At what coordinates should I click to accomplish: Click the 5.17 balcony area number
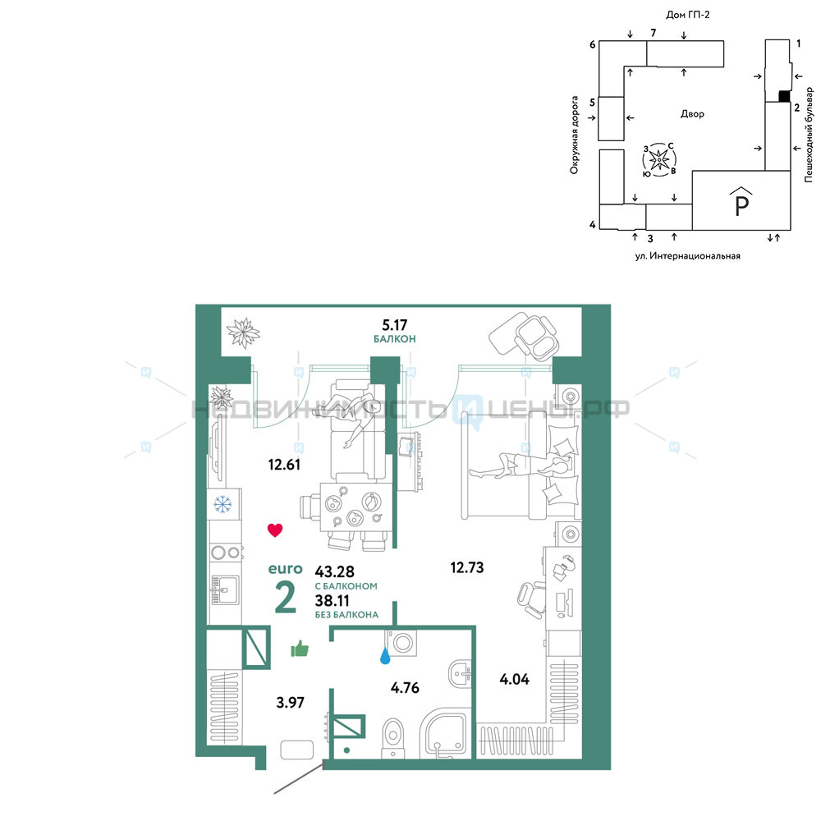[x=394, y=325]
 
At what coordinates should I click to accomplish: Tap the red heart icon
[x=275, y=530]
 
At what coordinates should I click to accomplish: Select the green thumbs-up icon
[x=300, y=649]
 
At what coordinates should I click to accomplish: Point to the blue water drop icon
[x=385, y=655]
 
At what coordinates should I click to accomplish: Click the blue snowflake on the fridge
[x=222, y=505]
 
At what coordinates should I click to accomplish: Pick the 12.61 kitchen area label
[x=284, y=465]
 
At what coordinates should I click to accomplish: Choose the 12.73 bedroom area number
[x=467, y=567]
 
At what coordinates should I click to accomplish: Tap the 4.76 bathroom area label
[x=405, y=687]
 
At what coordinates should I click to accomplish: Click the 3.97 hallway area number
[x=290, y=702]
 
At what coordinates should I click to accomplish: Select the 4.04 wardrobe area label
[x=514, y=679]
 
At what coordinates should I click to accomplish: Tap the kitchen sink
[x=225, y=590]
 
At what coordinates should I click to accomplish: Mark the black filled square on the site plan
[x=784, y=96]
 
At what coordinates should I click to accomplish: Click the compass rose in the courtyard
[x=659, y=158]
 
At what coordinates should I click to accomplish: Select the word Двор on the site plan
[x=692, y=113]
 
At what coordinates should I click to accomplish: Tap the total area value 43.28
[x=335, y=571]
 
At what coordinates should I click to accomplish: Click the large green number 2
[x=286, y=598]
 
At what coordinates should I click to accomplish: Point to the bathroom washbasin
[x=461, y=673]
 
